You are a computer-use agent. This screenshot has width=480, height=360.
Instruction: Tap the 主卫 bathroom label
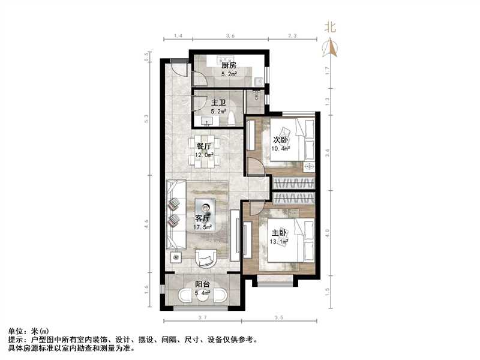(x=202, y=103)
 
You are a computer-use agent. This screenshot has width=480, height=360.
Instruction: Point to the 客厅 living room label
(x=202, y=218)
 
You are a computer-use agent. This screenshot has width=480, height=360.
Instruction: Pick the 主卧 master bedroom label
(x=280, y=232)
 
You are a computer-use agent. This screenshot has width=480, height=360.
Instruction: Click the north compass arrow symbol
(x=329, y=47)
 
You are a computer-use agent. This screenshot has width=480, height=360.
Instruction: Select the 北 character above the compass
(x=329, y=27)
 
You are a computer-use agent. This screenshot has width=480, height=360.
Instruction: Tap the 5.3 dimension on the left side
(x=146, y=120)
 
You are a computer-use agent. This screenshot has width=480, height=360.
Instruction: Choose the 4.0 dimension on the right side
(x=326, y=232)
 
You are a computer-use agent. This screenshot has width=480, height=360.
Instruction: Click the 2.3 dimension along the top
(x=292, y=37)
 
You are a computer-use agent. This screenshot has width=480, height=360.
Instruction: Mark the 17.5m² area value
(x=202, y=227)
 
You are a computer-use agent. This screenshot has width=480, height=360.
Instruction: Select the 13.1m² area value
(x=280, y=241)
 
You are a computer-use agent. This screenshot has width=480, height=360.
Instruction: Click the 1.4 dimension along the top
(x=177, y=37)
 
